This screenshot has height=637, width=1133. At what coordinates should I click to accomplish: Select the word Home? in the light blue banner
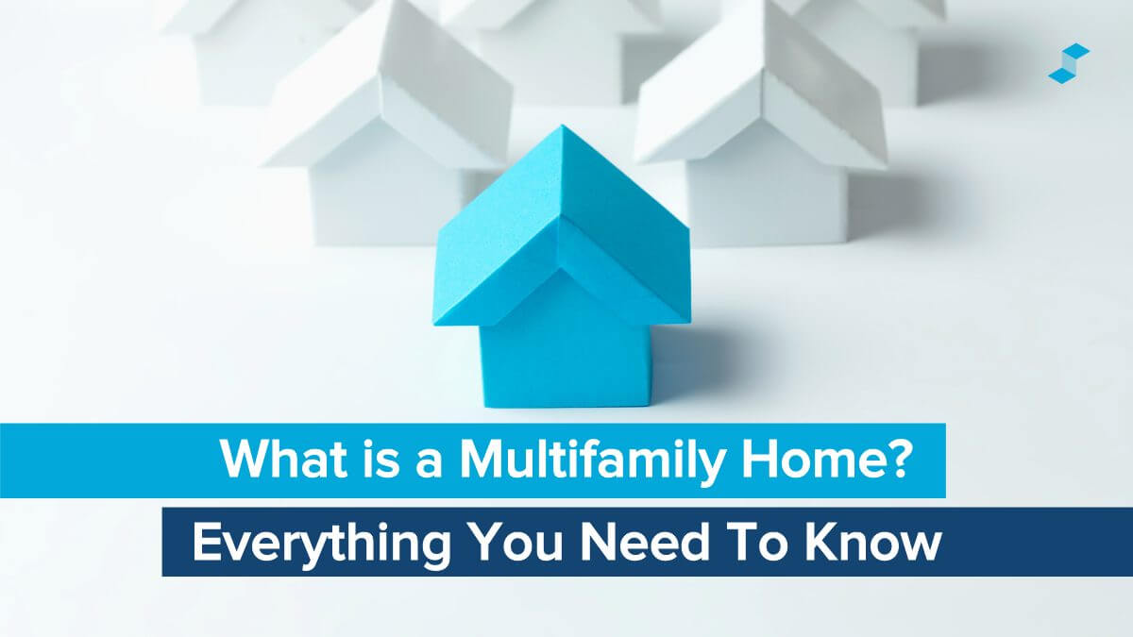coord(811,460)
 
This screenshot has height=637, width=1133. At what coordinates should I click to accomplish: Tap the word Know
coord(869,543)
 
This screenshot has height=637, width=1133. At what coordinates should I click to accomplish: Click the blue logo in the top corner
coord(1069,63)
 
